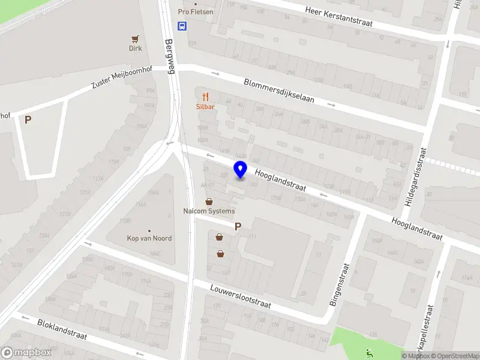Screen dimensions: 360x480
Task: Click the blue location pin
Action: coord(240,170)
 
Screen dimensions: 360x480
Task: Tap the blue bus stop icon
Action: coord(182,26)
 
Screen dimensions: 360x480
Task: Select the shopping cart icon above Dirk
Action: coord(136,38)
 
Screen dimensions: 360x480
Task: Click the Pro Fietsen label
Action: coord(196,11)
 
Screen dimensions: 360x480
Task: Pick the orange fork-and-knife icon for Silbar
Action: coord(205,97)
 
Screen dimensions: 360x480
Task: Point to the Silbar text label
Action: coord(205,107)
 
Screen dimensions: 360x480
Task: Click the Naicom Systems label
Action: coord(209,211)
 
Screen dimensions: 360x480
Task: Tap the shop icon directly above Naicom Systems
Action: coord(209,202)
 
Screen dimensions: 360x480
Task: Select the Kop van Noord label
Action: coord(149,238)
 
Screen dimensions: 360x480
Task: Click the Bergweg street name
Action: coord(170,56)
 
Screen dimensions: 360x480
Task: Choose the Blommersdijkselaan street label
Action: coord(278,91)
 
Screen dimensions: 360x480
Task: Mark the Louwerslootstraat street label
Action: coord(241,296)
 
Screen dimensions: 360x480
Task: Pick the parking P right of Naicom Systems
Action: coord(238,227)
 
